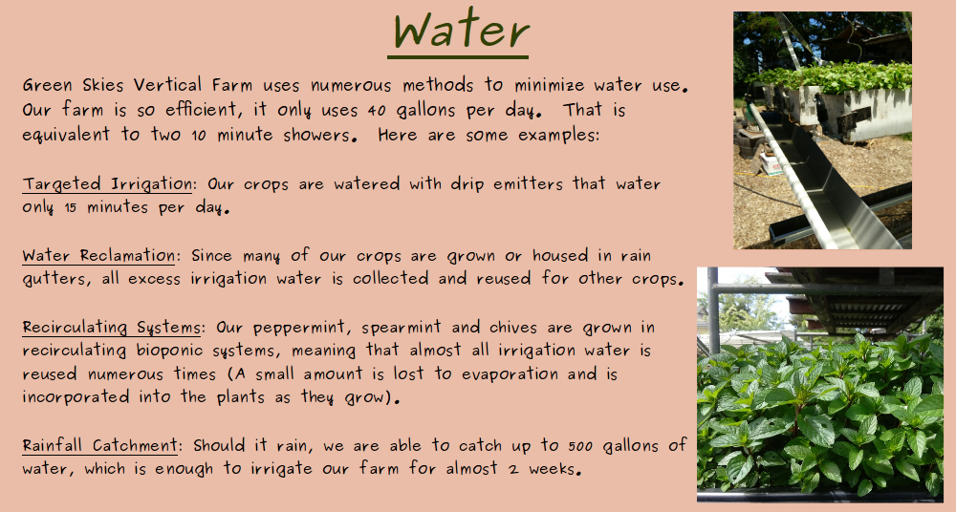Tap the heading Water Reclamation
tap(98, 256)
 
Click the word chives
tap(557, 329)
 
